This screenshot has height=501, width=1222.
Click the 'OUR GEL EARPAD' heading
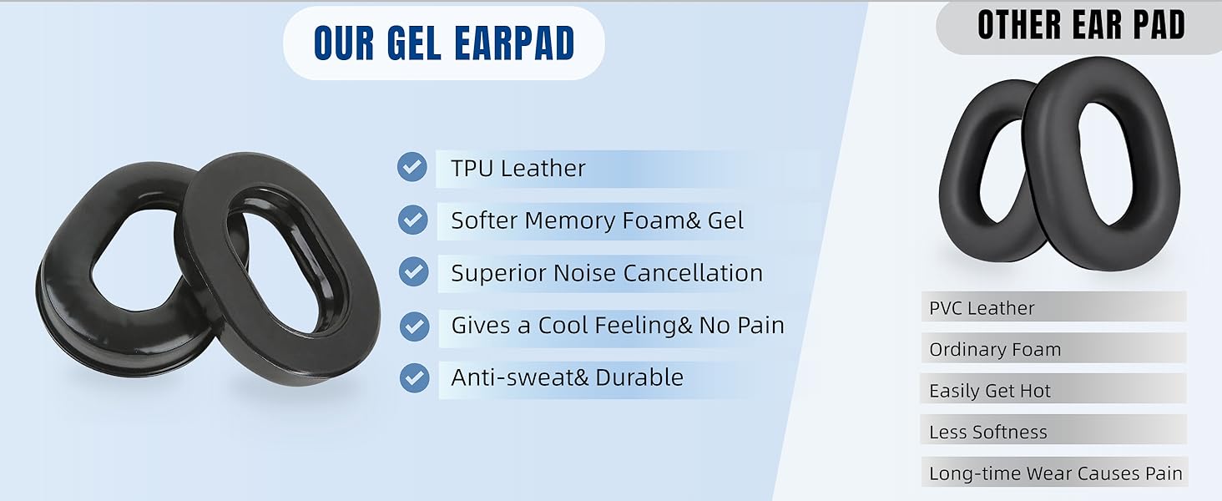tap(444, 43)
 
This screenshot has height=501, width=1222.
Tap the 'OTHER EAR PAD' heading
tap(1081, 25)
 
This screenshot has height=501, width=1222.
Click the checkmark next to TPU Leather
tap(412, 167)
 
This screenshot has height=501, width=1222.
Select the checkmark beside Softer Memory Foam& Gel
tap(412, 220)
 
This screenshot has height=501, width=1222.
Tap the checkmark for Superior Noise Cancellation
tap(412, 272)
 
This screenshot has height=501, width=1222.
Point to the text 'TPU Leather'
tap(518, 168)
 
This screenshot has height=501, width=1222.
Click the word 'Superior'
tap(492, 274)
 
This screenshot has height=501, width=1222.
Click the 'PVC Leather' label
tap(982, 308)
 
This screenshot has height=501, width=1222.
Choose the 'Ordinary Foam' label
tap(995, 349)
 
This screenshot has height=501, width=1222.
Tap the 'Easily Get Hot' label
tap(990, 391)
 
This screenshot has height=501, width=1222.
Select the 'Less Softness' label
tap(987, 432)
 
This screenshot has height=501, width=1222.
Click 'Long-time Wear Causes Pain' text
tap(1055, 473)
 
